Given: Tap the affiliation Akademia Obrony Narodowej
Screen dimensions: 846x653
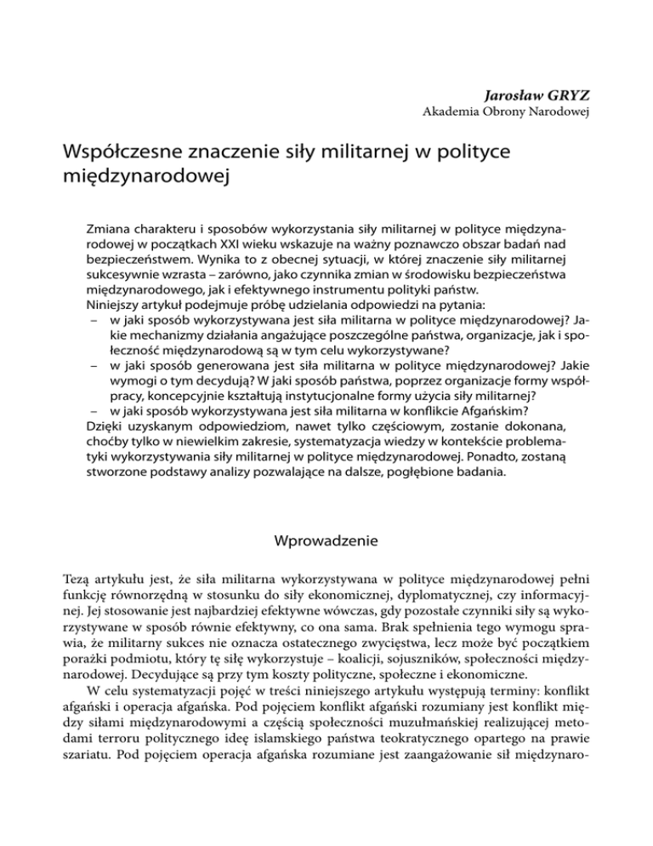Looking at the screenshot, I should (508, 111).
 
